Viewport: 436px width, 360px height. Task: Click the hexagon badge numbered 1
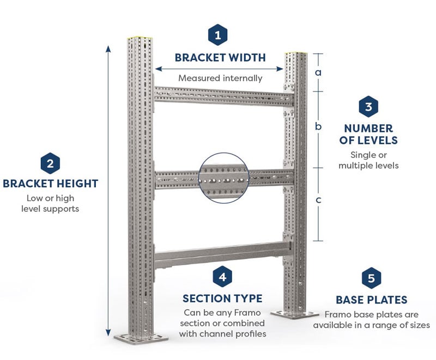[219, 35]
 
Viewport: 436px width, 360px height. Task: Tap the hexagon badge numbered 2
[50, 162]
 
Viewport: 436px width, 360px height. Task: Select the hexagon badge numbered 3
[368, 106]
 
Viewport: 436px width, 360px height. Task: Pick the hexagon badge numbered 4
[222, 277]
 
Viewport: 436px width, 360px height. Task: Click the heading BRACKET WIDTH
[220, 57]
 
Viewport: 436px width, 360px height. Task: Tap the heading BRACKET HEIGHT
[50, 184]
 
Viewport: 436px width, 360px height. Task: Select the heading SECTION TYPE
[222, 298]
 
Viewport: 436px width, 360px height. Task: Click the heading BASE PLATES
[371, 300]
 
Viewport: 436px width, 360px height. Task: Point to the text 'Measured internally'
[220, 78]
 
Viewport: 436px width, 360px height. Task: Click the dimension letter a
[319, 72]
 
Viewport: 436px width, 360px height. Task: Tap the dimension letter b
[319, 126]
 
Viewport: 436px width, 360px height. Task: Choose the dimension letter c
[319, 199]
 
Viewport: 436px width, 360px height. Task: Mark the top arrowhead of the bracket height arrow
[109, 49]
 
